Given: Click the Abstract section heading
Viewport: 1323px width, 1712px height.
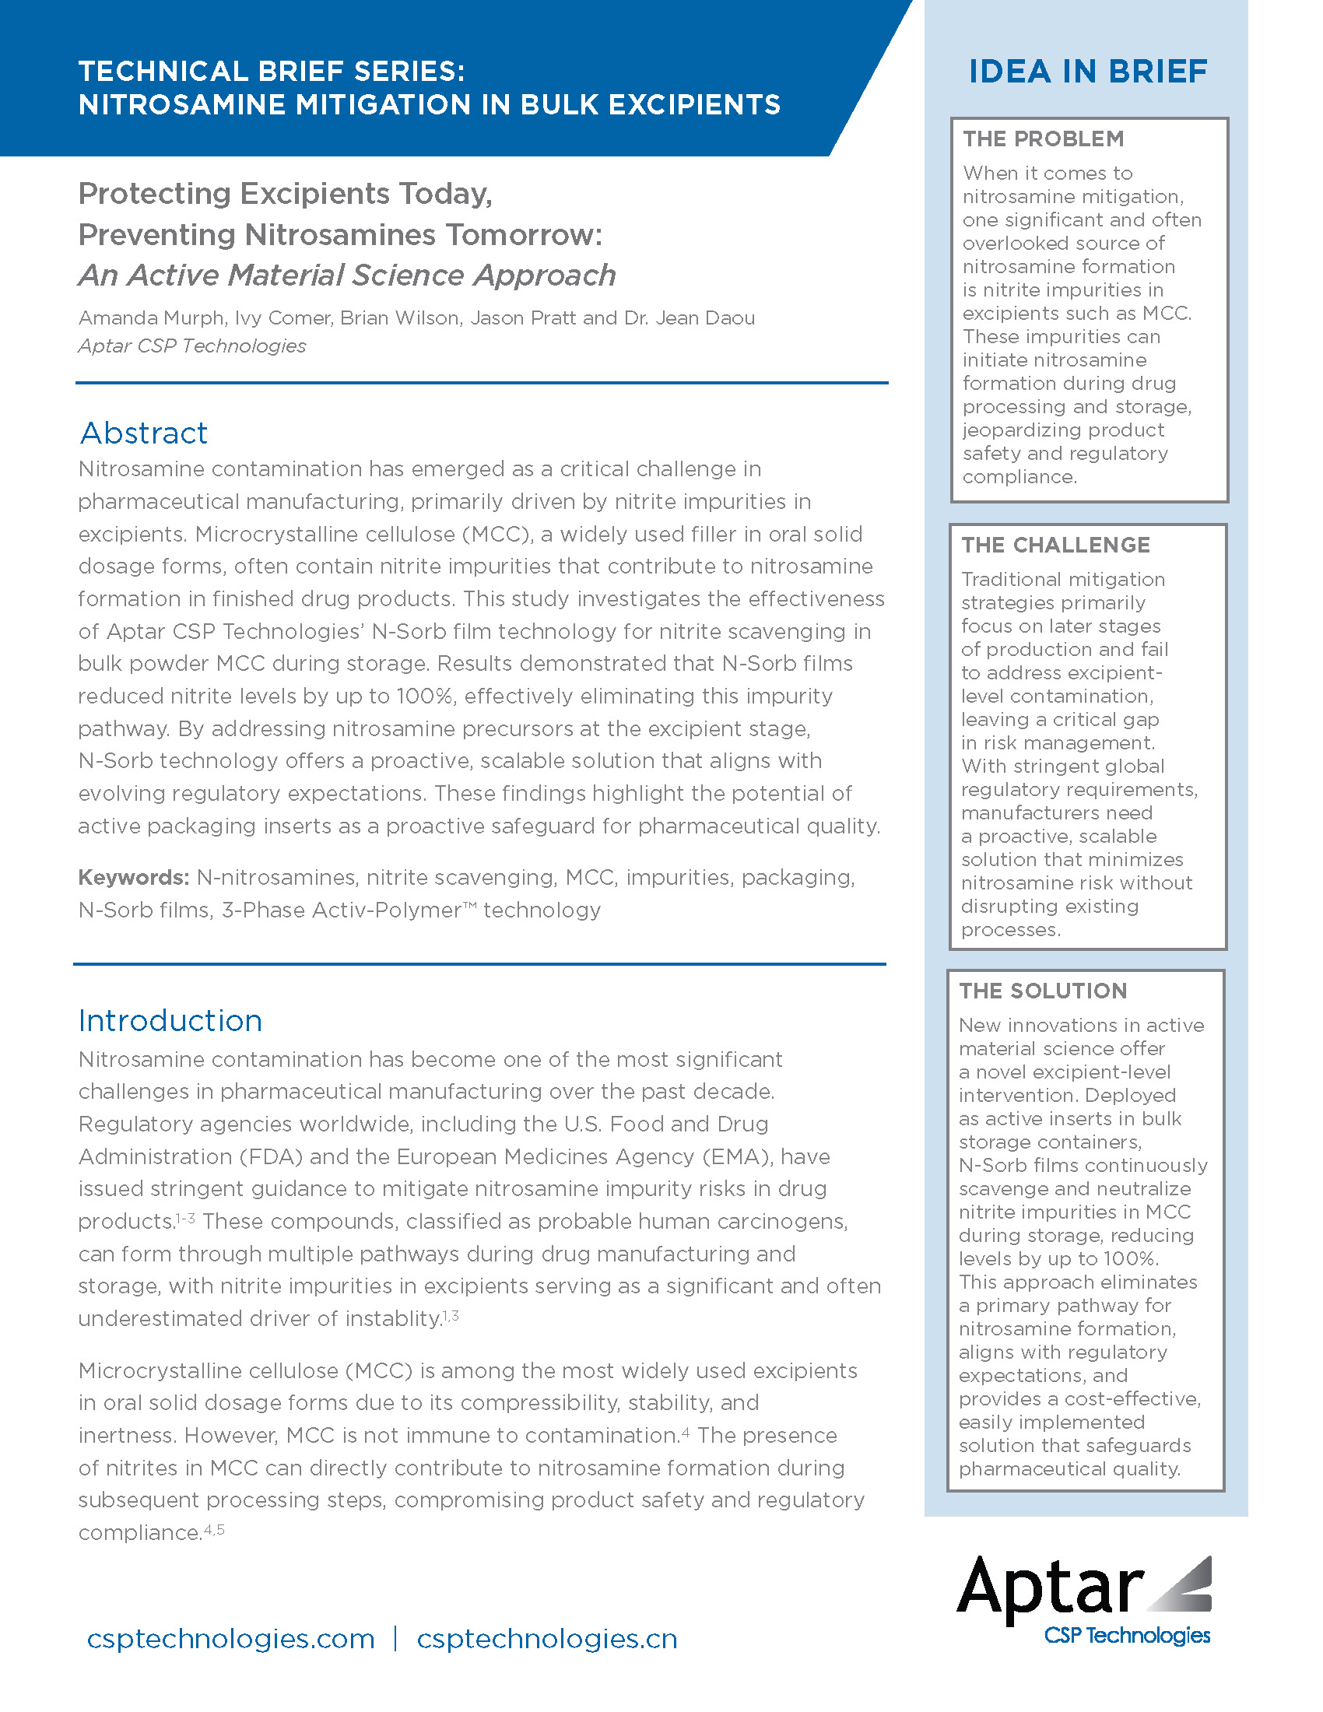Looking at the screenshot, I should pos(143,433).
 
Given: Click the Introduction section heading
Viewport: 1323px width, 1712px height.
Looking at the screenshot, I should pos(170,1021).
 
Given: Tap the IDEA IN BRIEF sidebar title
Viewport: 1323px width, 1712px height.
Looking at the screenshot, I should pos(1088,72).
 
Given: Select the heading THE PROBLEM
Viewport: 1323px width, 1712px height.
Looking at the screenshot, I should pos(1043,139).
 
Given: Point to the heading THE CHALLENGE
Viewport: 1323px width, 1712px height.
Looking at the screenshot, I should pos(1056,545).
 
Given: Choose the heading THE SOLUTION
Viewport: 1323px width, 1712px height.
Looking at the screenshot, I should pos(1042,991).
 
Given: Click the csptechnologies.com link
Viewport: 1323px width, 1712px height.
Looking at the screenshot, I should pos(230,1639).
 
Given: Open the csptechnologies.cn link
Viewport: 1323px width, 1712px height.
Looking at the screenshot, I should pos(546,1639).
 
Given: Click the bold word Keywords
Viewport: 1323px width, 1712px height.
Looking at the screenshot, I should pos(133,877).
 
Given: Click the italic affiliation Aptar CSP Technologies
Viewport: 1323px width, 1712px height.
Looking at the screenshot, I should pos(192,346).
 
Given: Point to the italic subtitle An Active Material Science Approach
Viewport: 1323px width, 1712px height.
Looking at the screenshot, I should pos(347,275).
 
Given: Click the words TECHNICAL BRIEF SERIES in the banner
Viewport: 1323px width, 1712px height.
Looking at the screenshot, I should pos(271,72).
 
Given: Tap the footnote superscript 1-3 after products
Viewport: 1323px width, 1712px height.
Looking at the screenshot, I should pos(186,1217).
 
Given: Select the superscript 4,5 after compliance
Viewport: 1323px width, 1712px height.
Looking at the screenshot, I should pos(214,1529).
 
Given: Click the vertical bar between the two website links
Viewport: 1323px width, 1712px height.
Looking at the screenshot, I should pos(395,1638).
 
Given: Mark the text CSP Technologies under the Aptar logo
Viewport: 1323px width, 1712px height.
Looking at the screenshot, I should pos(1127,1635).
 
